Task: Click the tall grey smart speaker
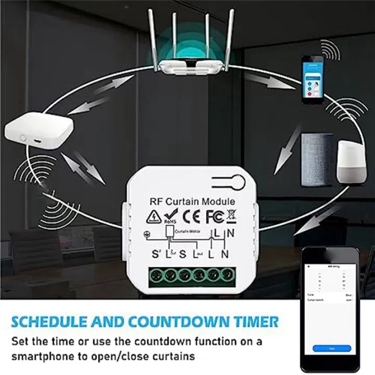point(317,159)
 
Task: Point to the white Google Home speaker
point(351,162)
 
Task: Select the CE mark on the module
point(193,216)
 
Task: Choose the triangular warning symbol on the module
point(153,217)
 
